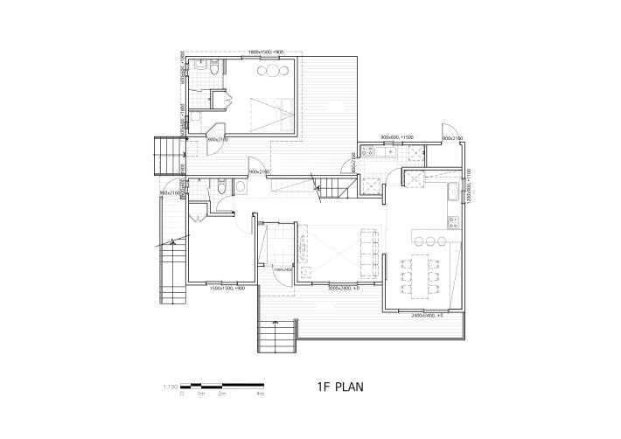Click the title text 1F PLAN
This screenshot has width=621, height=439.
point(340,386)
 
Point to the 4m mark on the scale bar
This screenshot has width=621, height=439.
point(261,394)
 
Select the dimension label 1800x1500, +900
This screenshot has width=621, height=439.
point(266,52)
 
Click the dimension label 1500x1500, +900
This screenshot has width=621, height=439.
point(227,288)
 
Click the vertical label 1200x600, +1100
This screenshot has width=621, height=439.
point(469,185)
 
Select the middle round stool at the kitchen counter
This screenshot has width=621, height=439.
point(431,240)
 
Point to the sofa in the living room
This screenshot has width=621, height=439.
point(304,248)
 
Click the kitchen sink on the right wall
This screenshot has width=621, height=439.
point(454,193)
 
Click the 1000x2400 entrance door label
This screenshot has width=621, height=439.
point(282,269)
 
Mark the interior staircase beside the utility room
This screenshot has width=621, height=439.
point(330,187)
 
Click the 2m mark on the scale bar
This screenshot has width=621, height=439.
point(222,394)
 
